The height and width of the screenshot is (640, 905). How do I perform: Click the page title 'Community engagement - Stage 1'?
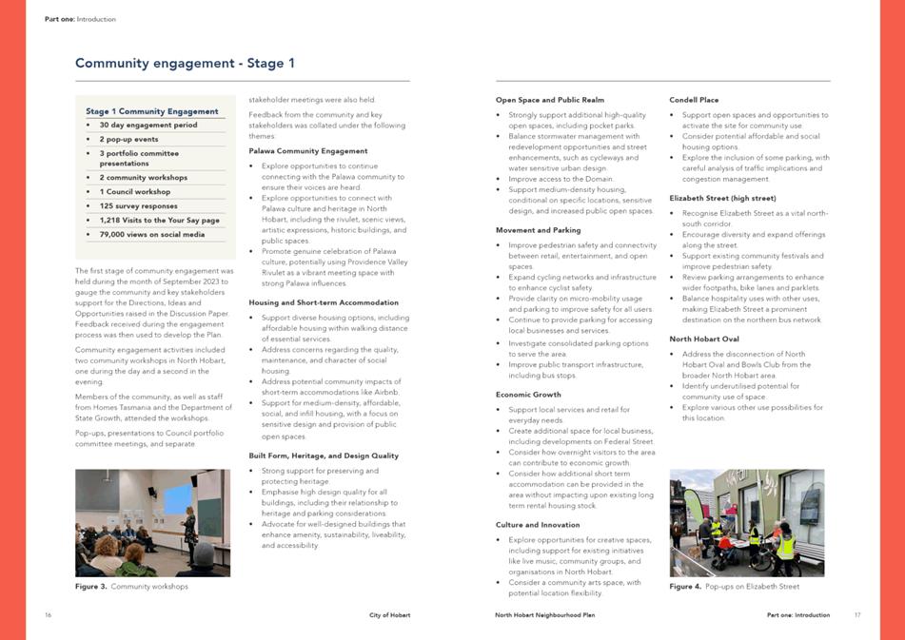point(185,64)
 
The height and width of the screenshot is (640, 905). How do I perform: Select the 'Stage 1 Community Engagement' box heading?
point(152,111)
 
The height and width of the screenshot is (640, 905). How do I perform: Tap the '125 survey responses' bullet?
point(138,205)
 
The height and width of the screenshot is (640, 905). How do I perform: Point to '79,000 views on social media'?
point(151,234)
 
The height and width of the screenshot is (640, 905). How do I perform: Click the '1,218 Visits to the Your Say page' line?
point(157,220)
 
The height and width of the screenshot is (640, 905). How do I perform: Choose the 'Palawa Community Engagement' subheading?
point(307,150)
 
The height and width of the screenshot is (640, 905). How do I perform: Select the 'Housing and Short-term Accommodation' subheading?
point(324,302)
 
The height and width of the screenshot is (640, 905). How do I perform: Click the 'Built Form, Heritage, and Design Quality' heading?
point(324,456)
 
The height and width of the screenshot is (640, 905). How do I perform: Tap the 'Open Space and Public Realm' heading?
point(549,100)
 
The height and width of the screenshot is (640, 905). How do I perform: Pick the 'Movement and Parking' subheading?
point(538,230)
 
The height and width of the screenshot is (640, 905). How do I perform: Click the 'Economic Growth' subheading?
point(528,394)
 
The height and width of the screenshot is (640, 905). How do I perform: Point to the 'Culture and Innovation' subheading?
point(538,525)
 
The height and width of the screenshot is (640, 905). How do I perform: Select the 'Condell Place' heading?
point(694,100)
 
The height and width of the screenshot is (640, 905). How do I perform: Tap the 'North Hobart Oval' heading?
point(704,339)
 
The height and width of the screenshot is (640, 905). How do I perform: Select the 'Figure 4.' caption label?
point(685,587)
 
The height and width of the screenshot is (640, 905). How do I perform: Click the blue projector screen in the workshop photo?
point(178,499)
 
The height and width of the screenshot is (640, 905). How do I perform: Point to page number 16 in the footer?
point(48,615)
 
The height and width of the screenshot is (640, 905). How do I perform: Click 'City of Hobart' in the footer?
point(390,615)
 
